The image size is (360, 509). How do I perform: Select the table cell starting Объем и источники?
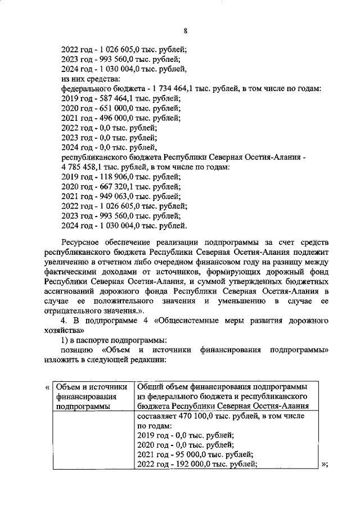(x=92, y=397)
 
